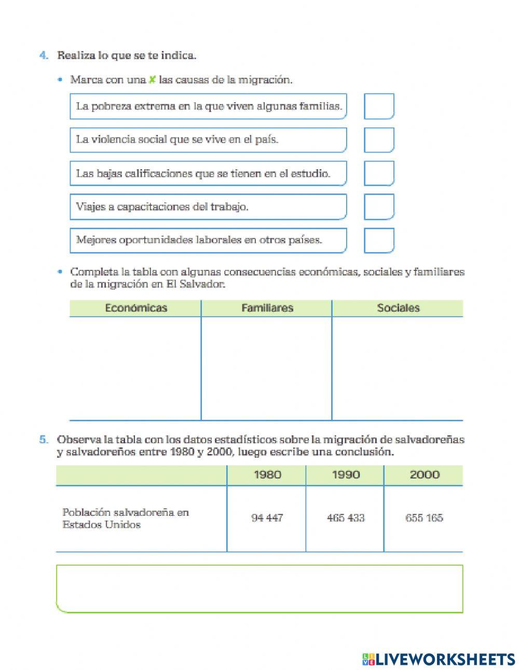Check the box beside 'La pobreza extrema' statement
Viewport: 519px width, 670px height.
379,106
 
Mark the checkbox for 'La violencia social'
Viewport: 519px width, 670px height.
379,140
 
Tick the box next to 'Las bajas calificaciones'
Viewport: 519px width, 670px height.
379,173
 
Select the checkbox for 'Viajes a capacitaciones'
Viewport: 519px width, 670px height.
379,207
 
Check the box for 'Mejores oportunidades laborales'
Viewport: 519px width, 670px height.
379,240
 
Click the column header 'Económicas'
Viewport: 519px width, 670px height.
136,308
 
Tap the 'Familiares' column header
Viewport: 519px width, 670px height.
267,308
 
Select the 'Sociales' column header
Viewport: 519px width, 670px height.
398,308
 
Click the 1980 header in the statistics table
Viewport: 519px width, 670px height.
267,475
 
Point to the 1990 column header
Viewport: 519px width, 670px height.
346,475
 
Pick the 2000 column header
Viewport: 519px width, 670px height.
424,475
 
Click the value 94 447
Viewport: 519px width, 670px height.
267,518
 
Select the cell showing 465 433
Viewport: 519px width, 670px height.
346,518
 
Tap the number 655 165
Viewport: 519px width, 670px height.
424,518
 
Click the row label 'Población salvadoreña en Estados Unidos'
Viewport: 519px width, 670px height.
126,518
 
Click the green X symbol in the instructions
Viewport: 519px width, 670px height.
152,80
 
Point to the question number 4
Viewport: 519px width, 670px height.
44,56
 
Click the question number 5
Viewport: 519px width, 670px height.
44,440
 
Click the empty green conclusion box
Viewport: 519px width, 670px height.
259,589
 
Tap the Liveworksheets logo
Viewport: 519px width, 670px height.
439,659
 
